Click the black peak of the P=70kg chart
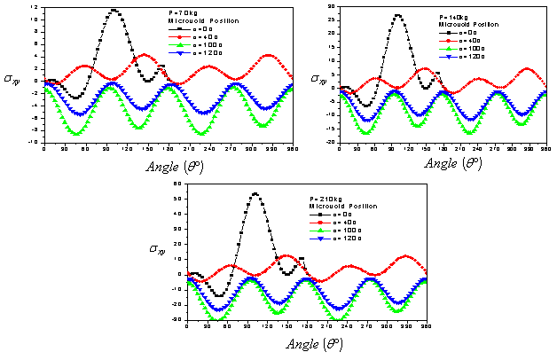point(114,11)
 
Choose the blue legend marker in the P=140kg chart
point(450,57)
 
